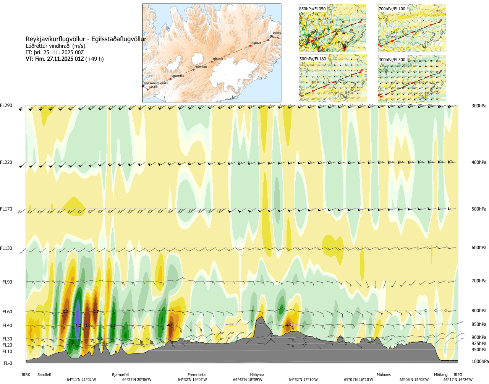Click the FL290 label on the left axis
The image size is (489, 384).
coord(6,105)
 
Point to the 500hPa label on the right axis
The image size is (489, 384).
coord(479,209)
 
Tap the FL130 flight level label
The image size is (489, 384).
coord(6,248)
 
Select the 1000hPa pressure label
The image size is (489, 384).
coord(480,361)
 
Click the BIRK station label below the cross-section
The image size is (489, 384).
coord(26,375)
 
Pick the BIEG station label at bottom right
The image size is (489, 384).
coord(458,375)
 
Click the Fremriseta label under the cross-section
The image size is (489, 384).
coord(196,375)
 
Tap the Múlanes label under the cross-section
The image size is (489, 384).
coord(384,375)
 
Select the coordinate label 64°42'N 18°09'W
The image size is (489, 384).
coord(248,380)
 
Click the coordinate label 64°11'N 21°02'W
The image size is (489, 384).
coord(81,380)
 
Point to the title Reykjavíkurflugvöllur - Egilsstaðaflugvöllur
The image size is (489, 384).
coord(86,39)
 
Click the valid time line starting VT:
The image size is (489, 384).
coord(65,59)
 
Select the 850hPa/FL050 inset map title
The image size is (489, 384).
coord(313,9)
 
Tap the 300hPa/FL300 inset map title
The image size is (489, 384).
coord(392,60)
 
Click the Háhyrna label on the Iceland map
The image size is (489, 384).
coord(218,59)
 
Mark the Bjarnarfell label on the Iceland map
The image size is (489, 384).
coord(178,76)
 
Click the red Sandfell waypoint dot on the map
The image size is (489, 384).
coord(148,89)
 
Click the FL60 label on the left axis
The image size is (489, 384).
coord(7,312)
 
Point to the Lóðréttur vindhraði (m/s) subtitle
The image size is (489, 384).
coord(55,46)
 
